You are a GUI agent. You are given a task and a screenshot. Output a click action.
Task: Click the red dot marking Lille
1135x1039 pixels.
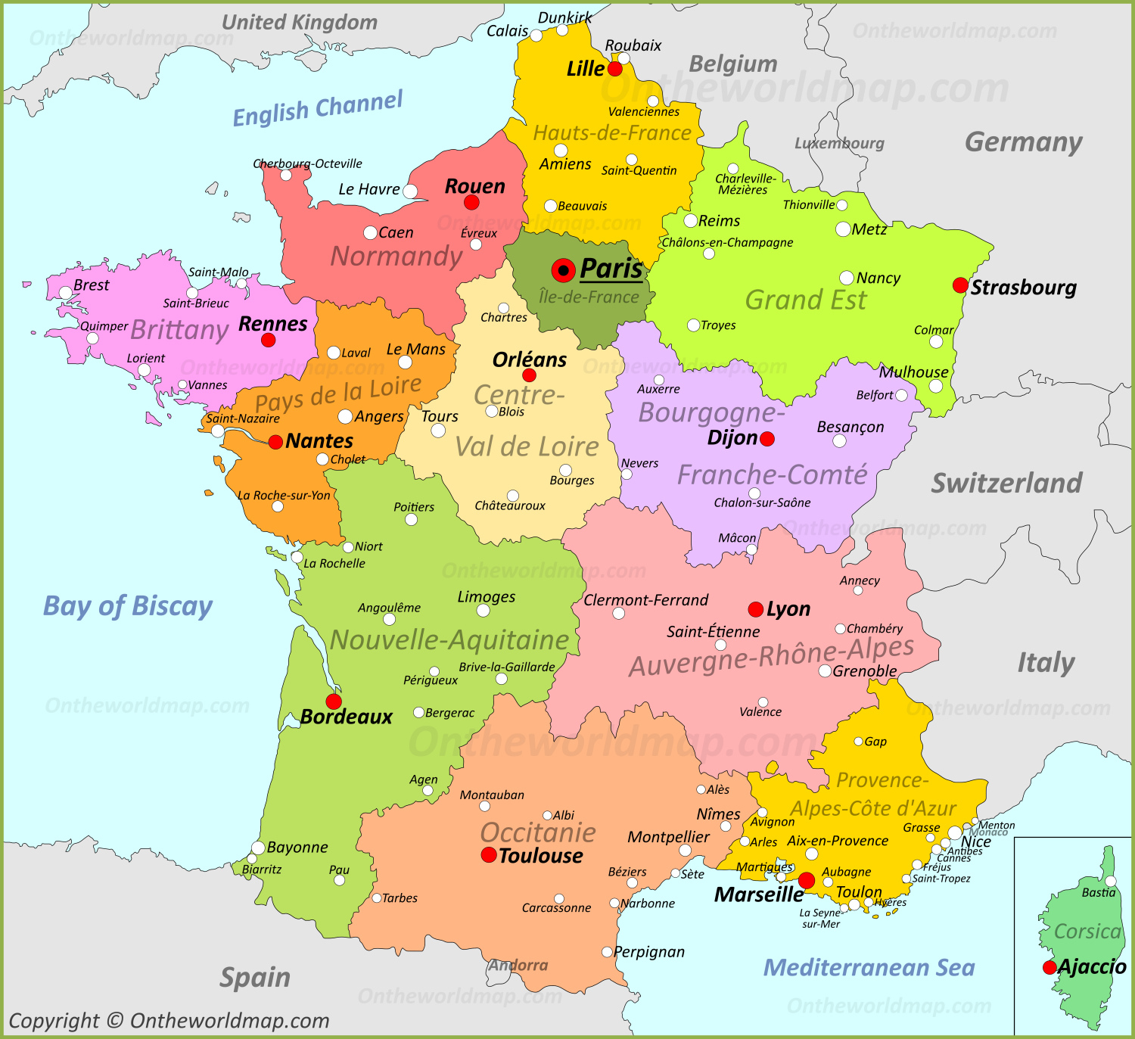(x=615, y=69)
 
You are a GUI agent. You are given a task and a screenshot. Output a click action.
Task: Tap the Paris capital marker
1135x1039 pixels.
(x=563, y=270)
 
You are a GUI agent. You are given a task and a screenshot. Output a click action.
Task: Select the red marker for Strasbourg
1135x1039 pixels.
(x=960, y=285)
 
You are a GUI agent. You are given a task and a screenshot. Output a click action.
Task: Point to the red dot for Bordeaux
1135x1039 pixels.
(x=334, y=701)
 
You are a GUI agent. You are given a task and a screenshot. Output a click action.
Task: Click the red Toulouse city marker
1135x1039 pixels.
(x=489, y=855)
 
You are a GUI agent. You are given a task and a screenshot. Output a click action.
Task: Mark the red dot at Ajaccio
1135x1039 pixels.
(x=1049, y=967)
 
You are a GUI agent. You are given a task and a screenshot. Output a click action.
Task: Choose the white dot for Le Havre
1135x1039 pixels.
(x=410, y=191)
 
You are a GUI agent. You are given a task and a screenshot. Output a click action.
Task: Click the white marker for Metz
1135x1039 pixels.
(x=843, y=229)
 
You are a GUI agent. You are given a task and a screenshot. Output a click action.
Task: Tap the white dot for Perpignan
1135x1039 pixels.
(x=607, y=952)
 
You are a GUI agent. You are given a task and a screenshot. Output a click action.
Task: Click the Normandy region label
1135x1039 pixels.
(x=396, y=257)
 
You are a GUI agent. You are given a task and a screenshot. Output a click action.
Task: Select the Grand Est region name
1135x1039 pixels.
(x=806, y=300)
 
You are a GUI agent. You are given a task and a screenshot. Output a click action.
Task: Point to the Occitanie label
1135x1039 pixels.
(x=538, y=832)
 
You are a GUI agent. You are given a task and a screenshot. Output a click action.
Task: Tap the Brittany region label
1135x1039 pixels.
(x=179, y=330)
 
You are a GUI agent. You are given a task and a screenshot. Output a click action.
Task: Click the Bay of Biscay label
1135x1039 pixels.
(x=128, y=606)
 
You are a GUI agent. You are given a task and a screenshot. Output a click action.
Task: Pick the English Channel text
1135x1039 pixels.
(x=318, y=109)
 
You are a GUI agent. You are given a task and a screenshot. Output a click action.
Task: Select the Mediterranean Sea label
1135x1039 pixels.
(x=869, y=967)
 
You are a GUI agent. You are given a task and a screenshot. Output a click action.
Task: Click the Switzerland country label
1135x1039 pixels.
(x=1006, y=483)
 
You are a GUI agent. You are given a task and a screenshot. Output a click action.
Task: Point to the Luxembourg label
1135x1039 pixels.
(x=839, y=143)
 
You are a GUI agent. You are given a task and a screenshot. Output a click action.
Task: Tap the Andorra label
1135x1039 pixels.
(x=518, y=966)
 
